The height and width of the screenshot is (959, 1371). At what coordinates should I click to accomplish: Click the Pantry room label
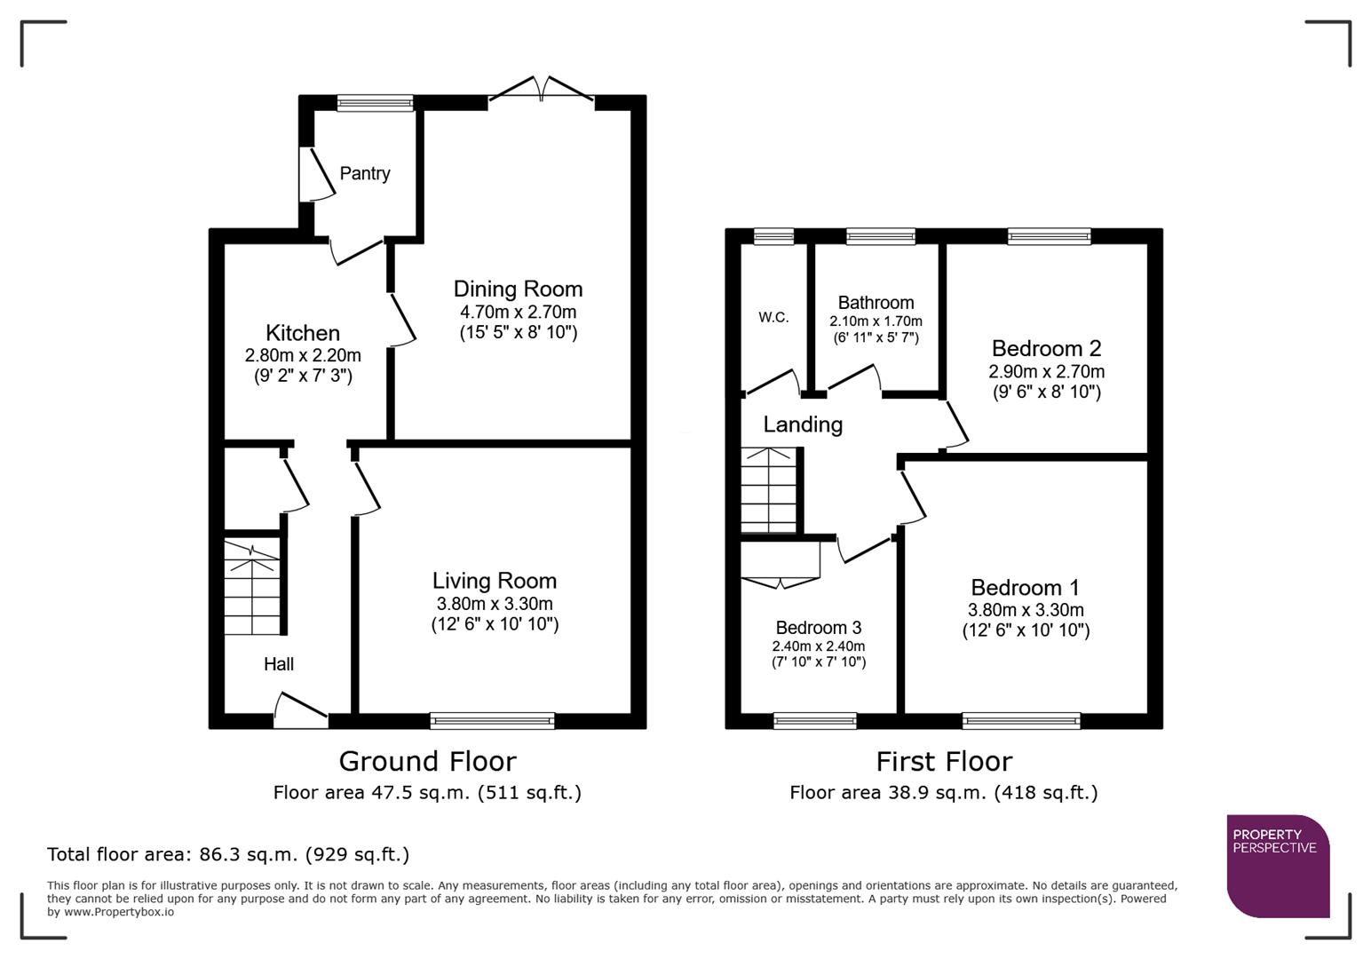click(x=364, y=173)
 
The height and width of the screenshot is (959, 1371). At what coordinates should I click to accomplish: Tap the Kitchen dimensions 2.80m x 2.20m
click(x=303, y=355)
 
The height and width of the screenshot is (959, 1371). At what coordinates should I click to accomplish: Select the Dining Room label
click(x=518, y=289)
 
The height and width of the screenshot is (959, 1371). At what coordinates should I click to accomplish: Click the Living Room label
click(x=495, y=581)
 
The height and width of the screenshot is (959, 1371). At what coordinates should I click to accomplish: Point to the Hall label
click(x=278, y=664)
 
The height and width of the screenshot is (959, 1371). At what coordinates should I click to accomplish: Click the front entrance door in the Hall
click(x=300, y=711)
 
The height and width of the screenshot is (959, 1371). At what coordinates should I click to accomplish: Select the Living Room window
click(x=492, y=720)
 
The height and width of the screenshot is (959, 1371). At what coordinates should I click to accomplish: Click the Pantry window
click(x=375, y=103)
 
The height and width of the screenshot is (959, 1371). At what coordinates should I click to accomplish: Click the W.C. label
click(x=773, y=317)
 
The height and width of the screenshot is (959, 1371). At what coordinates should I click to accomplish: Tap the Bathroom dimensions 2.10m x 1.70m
click(x=876, y=321)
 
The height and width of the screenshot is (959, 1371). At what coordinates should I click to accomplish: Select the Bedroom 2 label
click(x=1046, y=348)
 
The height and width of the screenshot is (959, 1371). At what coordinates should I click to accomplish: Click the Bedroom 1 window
click(x=1021, y=720)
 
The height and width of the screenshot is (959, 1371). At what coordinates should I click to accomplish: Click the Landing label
click(x=803, y=424)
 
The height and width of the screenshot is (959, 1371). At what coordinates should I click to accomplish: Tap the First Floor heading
click(x=943, y=761)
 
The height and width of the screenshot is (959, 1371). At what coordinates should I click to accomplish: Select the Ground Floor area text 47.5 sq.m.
click(x=427, y=792)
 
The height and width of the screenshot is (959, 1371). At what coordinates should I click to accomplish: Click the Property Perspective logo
click(x=1278, y=866)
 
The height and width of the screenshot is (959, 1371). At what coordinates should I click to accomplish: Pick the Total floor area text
click(x=228, y=854)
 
